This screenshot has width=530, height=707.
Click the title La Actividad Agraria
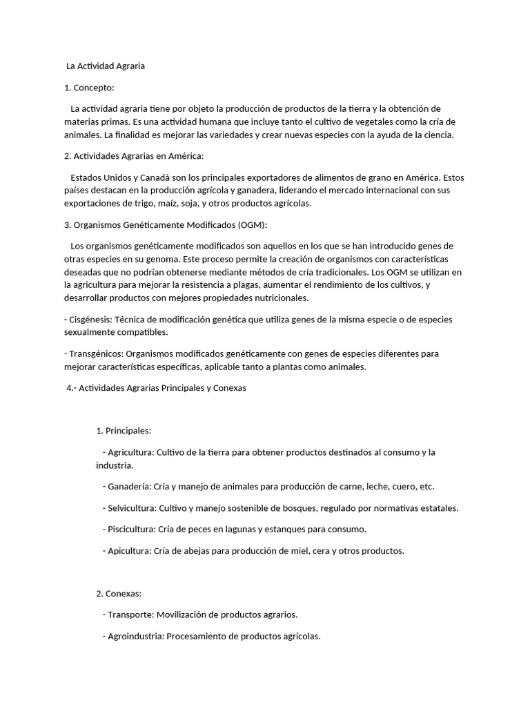(x=106, y=67)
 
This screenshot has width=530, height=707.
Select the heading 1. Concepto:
(x=89, y=88)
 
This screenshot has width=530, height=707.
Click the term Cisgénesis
(x=90, y=320)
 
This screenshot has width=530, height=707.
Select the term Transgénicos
(x=93, y=353)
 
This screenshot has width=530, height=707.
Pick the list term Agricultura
(x=130, y=452)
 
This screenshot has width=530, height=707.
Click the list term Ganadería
(x=129, y=487)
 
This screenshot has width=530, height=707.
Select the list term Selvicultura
(x=132, y=508)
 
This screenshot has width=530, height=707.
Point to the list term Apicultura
(x=130, y=551)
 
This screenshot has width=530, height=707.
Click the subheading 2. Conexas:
(x=119, y=593)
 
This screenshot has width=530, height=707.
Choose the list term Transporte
(x=130, y=614)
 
